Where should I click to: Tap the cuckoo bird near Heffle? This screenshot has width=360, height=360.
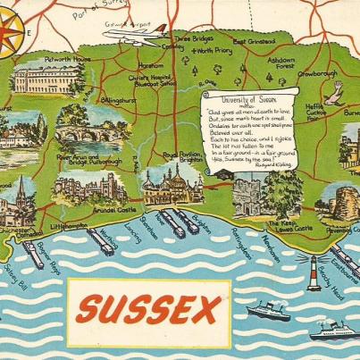tap(335, 91)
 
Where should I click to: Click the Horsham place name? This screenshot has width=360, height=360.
tap(151, 66)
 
